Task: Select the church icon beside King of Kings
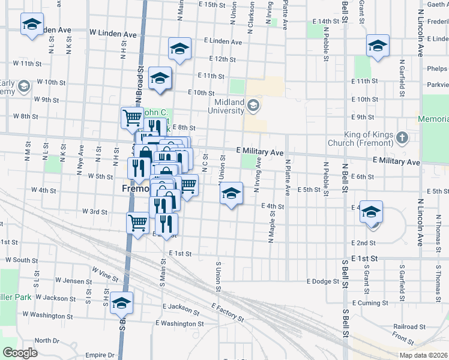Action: point(402,139)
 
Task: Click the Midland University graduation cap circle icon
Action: point(254,106)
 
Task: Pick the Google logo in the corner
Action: point(20,352)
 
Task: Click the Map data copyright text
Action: point(423,355)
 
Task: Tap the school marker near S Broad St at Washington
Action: point(121,303)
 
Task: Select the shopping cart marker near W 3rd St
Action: point(138,224)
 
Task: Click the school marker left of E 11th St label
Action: point(160,78)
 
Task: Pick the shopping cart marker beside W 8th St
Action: point(132,118)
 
